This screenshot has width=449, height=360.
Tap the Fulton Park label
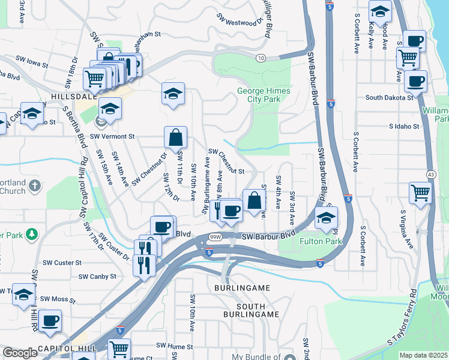321,241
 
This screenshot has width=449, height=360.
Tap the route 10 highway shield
260,58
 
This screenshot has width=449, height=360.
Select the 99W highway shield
216,238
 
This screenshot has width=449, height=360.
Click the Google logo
20,353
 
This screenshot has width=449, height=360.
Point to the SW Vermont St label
109,136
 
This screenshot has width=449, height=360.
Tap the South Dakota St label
389,97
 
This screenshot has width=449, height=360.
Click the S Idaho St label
406,127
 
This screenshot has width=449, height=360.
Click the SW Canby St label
96,277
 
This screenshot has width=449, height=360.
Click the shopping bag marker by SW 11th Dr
175,137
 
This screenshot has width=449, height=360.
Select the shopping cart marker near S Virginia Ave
420,193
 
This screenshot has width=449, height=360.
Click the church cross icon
35,185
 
